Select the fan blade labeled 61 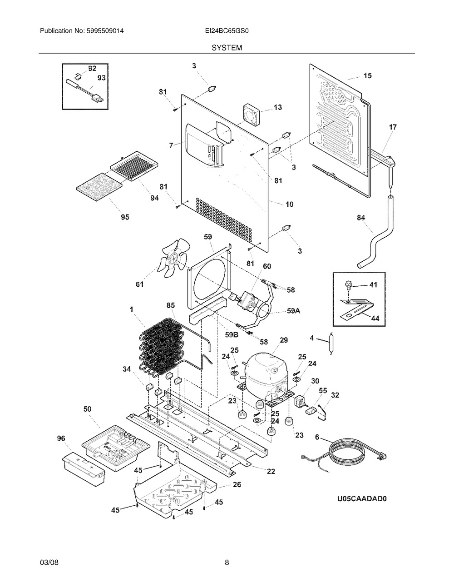171,262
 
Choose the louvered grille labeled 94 133,165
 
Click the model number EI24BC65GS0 227,31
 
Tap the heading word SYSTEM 227,47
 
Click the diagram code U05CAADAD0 361,498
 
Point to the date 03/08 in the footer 49,563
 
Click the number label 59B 232,334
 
